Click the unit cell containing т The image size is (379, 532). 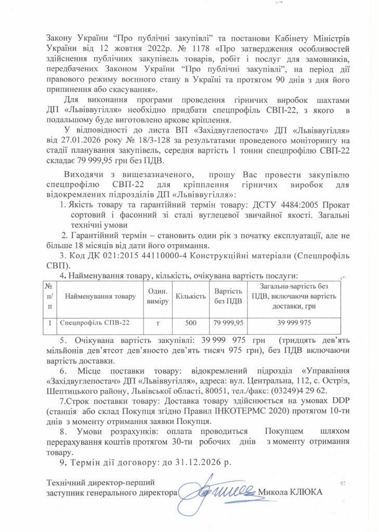(157, 323)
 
